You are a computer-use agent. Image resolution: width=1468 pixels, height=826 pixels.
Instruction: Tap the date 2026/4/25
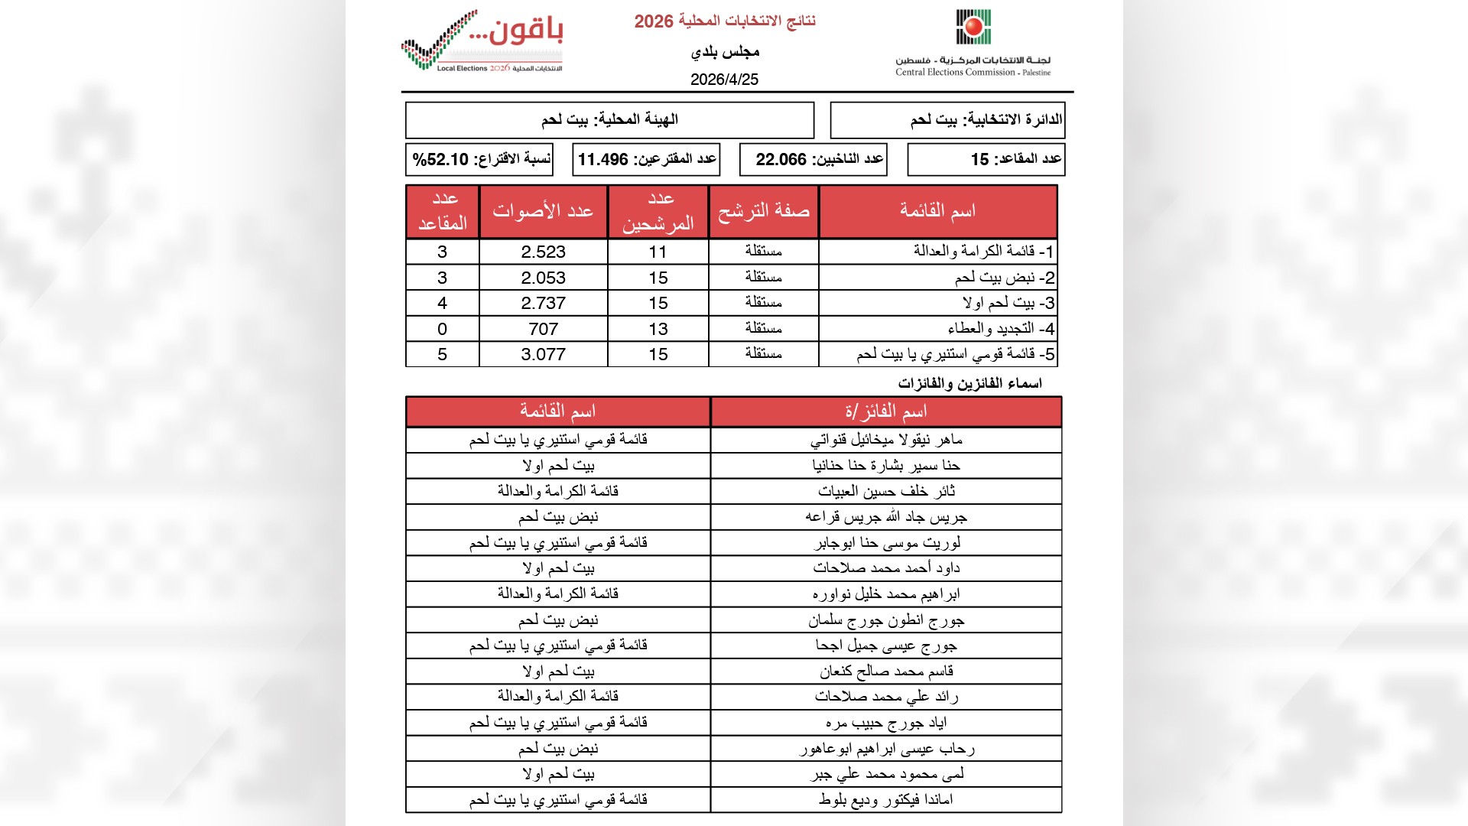(724, 80)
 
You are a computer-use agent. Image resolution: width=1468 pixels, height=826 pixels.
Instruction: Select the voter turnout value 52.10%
(441, 160)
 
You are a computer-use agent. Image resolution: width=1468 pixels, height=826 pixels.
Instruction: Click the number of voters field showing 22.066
(781, 160)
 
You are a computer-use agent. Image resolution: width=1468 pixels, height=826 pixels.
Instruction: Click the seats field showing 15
(979, 160)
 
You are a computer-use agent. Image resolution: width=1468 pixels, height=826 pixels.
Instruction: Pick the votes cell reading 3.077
(543, 355)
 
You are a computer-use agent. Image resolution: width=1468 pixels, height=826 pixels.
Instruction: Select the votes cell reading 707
(543, 329)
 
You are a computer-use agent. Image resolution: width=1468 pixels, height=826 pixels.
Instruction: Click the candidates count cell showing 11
(658, 252)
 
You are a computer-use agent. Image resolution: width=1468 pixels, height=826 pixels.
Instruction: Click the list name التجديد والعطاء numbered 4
(1000, 329)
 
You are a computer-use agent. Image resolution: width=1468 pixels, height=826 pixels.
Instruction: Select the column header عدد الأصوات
(543, 211)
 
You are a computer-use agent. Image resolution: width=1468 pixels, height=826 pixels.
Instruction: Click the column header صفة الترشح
(763, 211)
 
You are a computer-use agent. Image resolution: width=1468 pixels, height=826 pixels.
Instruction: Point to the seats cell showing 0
(442, 329)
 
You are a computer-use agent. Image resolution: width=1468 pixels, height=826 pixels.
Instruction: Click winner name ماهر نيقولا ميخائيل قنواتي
(885, 440)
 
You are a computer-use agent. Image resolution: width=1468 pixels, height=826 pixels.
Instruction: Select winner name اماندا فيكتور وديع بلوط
(885, 800)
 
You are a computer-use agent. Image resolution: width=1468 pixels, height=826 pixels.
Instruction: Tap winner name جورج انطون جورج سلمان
(885, 620)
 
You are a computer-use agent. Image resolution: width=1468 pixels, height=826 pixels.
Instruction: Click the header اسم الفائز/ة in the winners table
(885, 412)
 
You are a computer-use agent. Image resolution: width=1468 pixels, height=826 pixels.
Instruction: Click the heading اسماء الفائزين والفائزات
(969, 383)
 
